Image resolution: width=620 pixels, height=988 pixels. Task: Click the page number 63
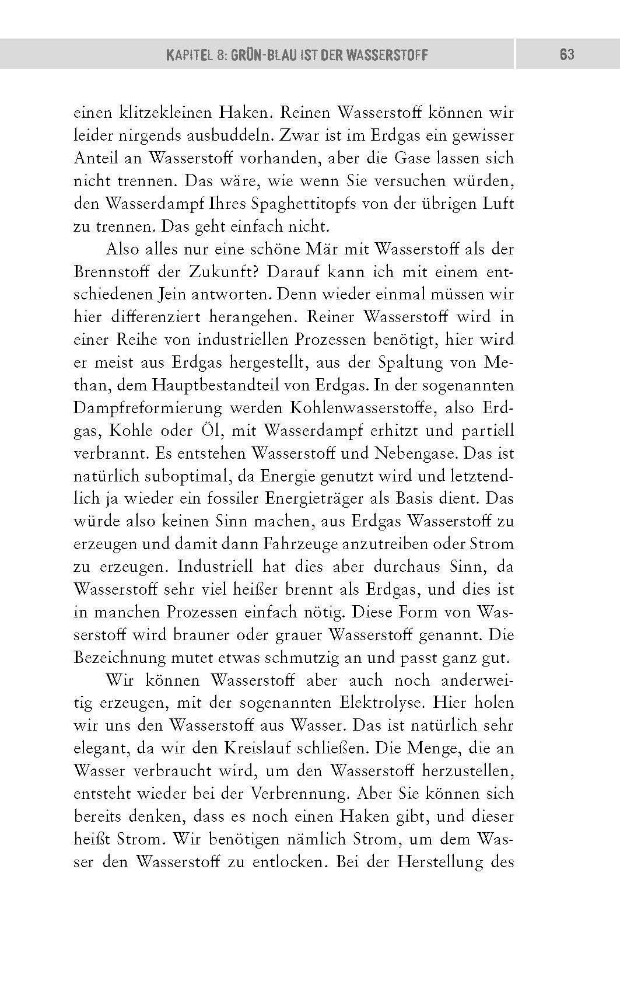coord(566,55)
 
